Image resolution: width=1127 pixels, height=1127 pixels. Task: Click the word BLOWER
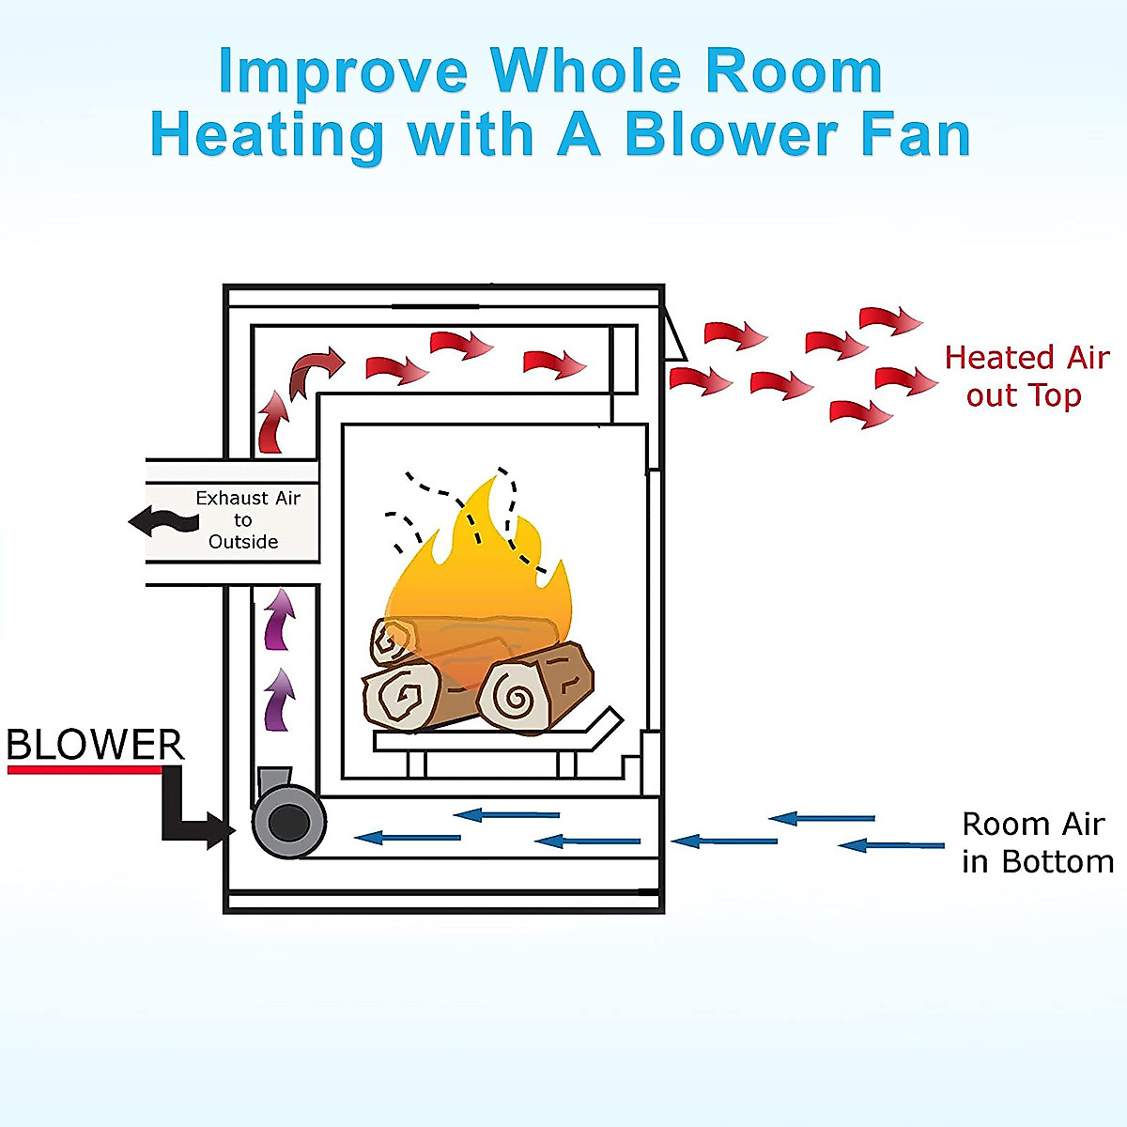click(x=95, y=745)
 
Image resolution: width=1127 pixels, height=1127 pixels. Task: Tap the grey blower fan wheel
click(x=288, y=824)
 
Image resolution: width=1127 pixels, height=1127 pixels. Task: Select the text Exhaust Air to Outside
click(x=246, y=519)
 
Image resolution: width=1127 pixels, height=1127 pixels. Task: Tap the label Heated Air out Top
click(x=1027, y=377)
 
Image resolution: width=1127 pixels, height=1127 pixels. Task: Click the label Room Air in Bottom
click(x=1037, y=842)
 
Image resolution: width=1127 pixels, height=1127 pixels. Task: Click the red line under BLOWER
click(x=85, y=770)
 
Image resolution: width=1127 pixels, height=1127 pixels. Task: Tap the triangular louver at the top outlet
click(x=672, y=338)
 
